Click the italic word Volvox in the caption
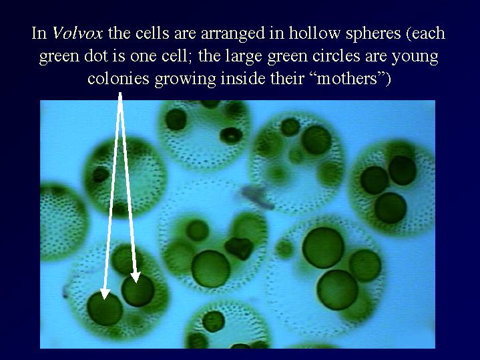(77, 33)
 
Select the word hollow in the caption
(314, 33)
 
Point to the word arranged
(232, 34)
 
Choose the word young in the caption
(415, 57)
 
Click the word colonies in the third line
(118, 78)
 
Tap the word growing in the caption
(187, 80)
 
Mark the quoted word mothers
(346, 78)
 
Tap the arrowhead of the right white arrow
(136, 277)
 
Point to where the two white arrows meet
(120, 94)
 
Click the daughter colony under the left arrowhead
(105, 309)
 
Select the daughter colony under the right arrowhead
(138, 290)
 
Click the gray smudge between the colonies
(256, 196)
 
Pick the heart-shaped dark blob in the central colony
(239, 247)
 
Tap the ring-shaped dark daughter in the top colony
(231, 136)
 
